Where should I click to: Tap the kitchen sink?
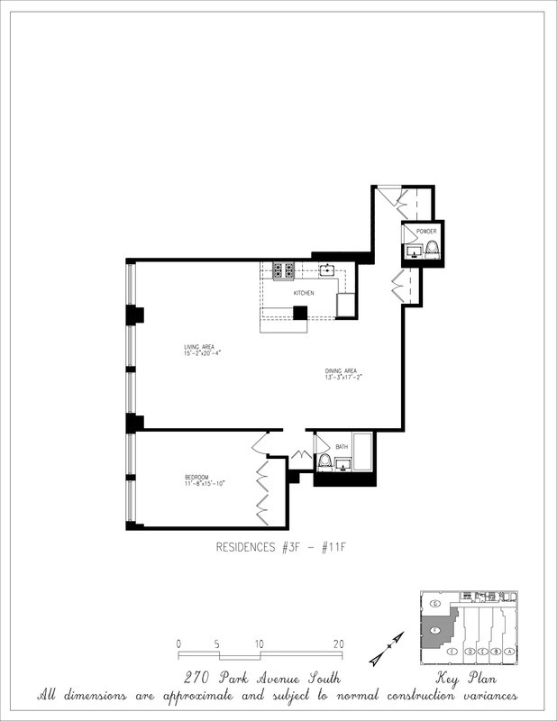pyautogui.click(x=326, y=269)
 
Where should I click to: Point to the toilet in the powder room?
pyautogui.click(x=432, y=249)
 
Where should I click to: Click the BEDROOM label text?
pyautogui.click(x=196, y=477)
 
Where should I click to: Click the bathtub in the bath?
pyautogui.click(x=363, y=452)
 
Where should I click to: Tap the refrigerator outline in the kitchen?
pyautogui.click(x=347, y=305)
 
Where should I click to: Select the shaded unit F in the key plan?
pyautogui.click(x=436, y=630)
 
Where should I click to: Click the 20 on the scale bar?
pyautogui.click(x=339, y=643)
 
